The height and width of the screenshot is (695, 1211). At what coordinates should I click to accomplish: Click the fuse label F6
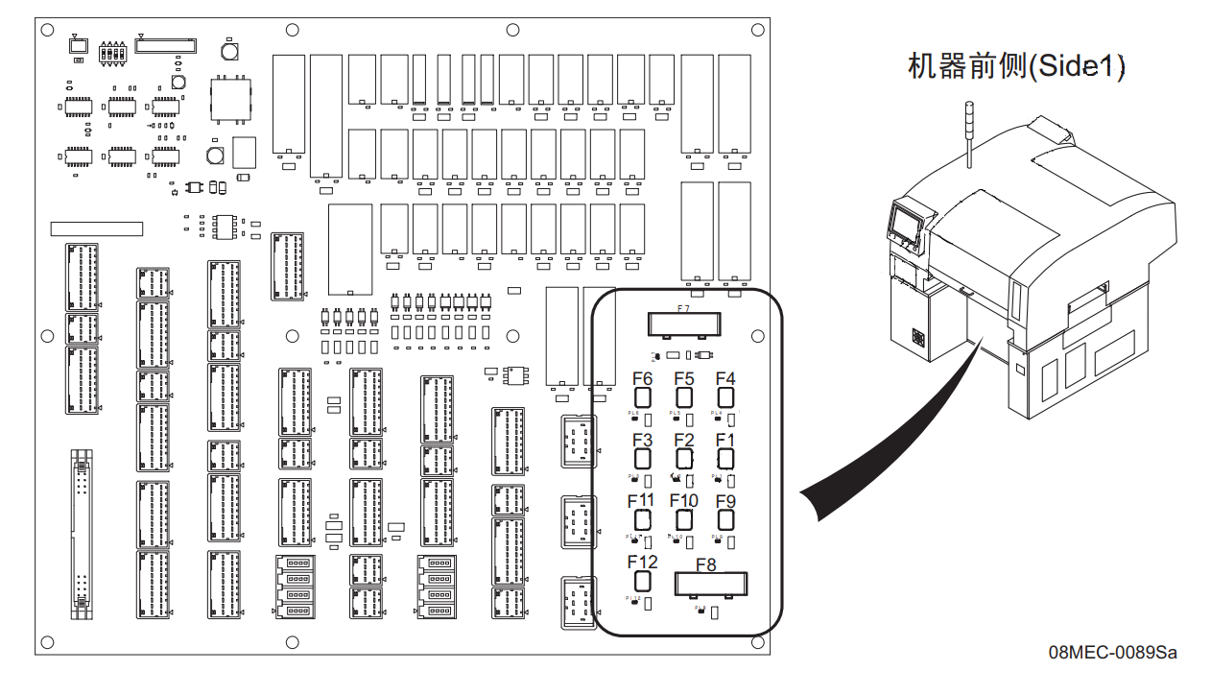tap(643, 379)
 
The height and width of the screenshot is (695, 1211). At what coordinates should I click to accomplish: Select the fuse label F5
tap(684, 379)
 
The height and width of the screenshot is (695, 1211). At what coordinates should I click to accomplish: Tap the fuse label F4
tap(725, 379)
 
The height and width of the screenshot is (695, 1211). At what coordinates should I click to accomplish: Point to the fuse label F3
tap(643, 440)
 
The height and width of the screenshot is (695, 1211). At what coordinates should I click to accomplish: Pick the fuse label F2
tap(684, 440)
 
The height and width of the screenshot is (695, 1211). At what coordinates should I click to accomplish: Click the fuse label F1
tap(725, 440)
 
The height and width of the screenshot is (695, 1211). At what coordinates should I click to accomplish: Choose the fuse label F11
tap(641, 500)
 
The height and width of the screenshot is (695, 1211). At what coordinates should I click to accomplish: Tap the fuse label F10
tap(684, 500)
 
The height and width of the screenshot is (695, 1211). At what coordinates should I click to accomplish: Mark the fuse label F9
tap(725, 500)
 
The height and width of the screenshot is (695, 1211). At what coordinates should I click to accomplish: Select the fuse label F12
tap(642, 562)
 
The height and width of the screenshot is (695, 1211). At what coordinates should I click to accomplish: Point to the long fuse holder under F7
tap(684, 324)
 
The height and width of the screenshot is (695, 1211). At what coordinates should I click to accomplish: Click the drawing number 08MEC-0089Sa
tap(1112, 654)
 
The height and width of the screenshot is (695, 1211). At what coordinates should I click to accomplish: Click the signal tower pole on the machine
tap(969, 134)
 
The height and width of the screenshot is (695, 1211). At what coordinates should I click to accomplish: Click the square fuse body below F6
tap(643, 397)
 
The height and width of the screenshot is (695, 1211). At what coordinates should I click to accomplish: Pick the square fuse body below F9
tap(725, 519)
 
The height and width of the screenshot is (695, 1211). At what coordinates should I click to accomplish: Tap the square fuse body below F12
tap(643, 580)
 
